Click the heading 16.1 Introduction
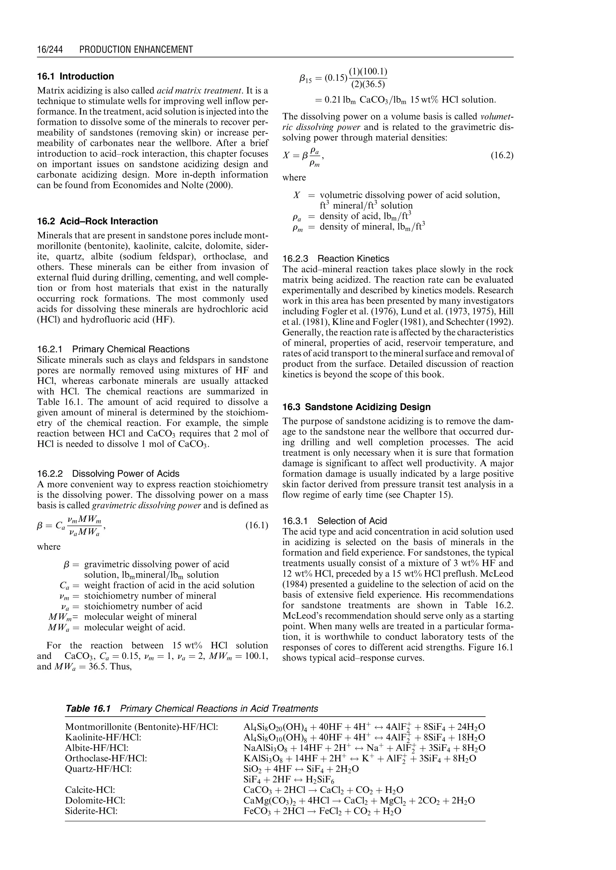(x=75, y=76)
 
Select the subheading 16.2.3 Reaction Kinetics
(x=336, y=259)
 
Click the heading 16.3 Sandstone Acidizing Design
(x=356, y=407)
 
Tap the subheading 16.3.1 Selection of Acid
(x=334, y=521)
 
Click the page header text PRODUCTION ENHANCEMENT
(x=136, y=49)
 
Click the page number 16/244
(x=50, y=49)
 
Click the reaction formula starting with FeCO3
(x=322, y=812)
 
